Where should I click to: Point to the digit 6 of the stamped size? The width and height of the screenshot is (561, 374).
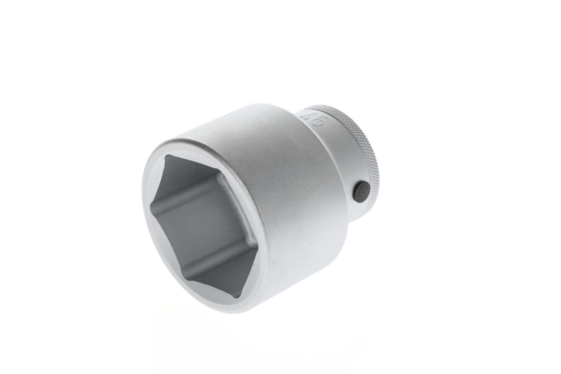(319, 123)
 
